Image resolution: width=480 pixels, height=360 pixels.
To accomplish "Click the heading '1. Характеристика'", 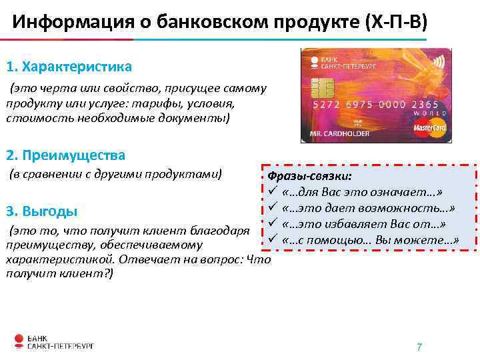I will pos(69,67).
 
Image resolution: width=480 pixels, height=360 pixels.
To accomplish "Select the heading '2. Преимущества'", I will pos(65,155).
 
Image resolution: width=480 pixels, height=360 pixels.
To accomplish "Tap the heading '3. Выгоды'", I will pos(41,211).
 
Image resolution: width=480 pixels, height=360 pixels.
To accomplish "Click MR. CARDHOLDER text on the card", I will pos(339,133).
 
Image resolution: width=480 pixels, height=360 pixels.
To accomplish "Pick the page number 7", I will pos(419,347).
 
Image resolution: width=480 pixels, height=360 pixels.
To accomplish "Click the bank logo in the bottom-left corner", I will pos(53,341).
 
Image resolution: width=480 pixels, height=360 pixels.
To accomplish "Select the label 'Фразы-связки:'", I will pos(309,176).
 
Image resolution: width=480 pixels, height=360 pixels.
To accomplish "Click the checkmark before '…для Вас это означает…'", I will pos(272,192).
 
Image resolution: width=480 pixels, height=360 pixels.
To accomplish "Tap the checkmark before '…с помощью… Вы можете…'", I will pos(272,239).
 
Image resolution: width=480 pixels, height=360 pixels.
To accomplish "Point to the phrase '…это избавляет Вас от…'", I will pos(363,223).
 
